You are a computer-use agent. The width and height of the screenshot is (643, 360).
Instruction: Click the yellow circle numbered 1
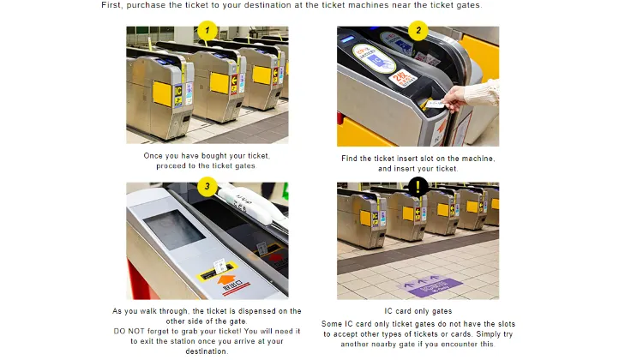tap(207, 30)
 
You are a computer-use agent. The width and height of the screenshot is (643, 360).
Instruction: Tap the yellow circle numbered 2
tap(418, 30)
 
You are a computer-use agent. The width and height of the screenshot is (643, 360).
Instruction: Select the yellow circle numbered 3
tap(207, 186)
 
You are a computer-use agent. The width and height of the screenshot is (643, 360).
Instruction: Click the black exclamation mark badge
tap(418, 187)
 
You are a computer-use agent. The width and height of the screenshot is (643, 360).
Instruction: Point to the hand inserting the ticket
tap(454, 99)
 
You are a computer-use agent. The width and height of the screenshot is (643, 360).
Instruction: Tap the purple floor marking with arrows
tap(430, 285)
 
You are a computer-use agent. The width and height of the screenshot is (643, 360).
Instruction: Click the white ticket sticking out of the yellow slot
tap(220, 267)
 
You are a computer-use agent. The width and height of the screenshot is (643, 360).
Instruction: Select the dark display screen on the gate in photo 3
tap(174, 230)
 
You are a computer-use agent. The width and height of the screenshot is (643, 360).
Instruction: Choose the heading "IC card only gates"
tap(418, 311)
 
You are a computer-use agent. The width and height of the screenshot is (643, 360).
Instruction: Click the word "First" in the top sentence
tap(111, 5)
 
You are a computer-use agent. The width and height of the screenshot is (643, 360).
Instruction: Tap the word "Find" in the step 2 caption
tap(349, 159)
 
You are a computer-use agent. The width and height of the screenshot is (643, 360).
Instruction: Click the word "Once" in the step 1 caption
tap(152, 156)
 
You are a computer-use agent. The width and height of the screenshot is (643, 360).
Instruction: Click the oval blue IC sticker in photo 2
tap(374, 58)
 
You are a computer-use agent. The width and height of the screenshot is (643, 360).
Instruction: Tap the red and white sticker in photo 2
tap(402, 78)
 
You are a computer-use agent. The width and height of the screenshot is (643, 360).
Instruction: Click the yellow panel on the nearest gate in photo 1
tap(162, 94)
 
